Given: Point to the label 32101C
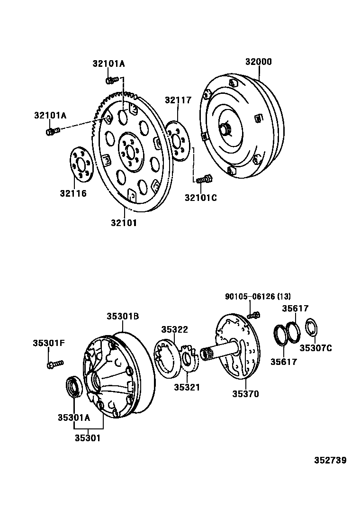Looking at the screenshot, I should click(200, 198).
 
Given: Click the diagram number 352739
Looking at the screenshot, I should click(330, 460).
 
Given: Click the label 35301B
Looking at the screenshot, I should click(122, 316).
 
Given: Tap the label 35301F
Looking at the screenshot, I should click(48, 343).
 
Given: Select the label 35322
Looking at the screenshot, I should click(174, 329).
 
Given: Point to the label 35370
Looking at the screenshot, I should click(245, 393).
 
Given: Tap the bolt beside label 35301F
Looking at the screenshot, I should click(54, 364).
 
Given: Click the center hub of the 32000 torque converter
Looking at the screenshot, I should click(225, 129).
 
